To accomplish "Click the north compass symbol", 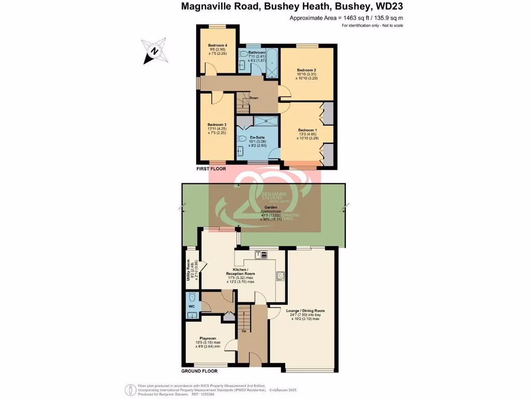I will point(153,51).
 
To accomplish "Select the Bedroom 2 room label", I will point(306,70).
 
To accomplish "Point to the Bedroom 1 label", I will point(306,130).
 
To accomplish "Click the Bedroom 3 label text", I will point(217,125).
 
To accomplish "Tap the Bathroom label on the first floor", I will point(257,52).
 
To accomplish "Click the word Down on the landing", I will point(254,98).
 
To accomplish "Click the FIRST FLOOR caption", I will point(211,169).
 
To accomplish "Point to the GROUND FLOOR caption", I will point(199,371).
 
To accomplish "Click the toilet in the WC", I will point(192,298).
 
